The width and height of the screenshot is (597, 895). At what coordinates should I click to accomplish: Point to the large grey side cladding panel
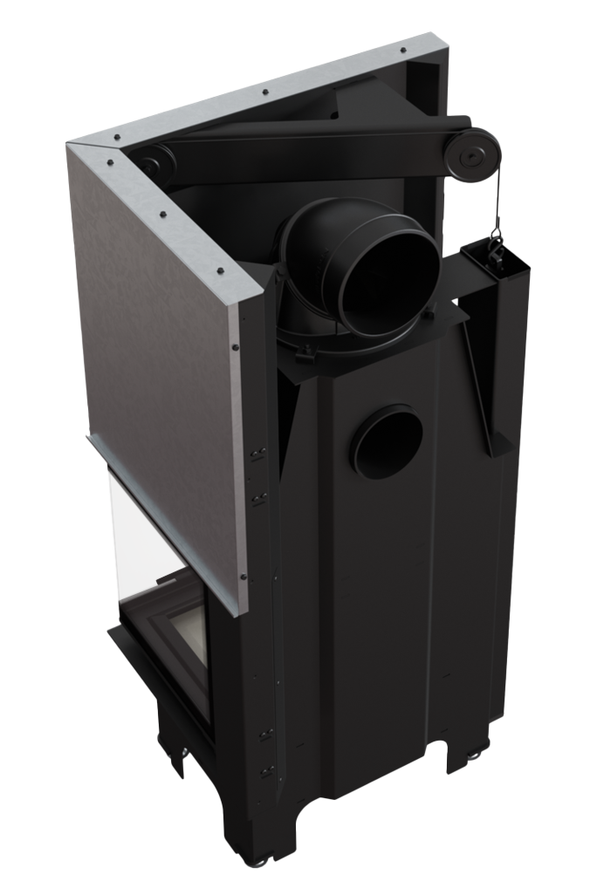pos(157,349)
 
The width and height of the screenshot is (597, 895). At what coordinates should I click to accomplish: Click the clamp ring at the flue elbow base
pos(332,345)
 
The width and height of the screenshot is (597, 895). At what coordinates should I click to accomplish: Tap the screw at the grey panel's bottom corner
pos(242,577)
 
